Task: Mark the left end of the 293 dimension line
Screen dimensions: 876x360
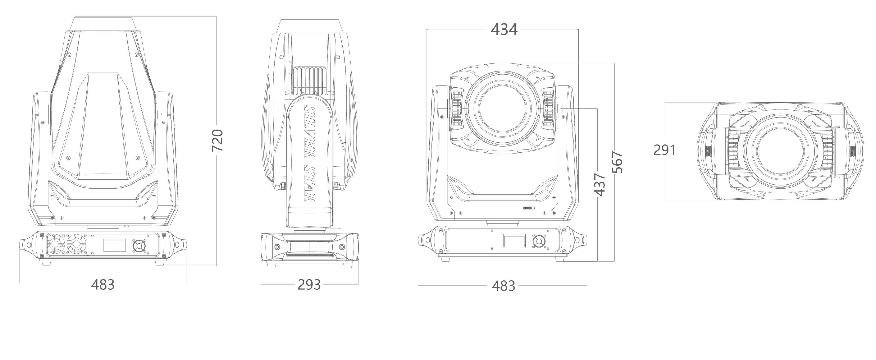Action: click(x=261, y=284)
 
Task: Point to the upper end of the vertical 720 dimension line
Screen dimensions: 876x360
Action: click(x=217, y=16)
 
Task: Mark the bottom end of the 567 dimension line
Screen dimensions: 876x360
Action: click(x=614, y=261)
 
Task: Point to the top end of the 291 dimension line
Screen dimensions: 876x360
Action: click(x=665, y=102)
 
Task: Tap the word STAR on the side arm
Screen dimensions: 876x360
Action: click(x=309, y=184)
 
